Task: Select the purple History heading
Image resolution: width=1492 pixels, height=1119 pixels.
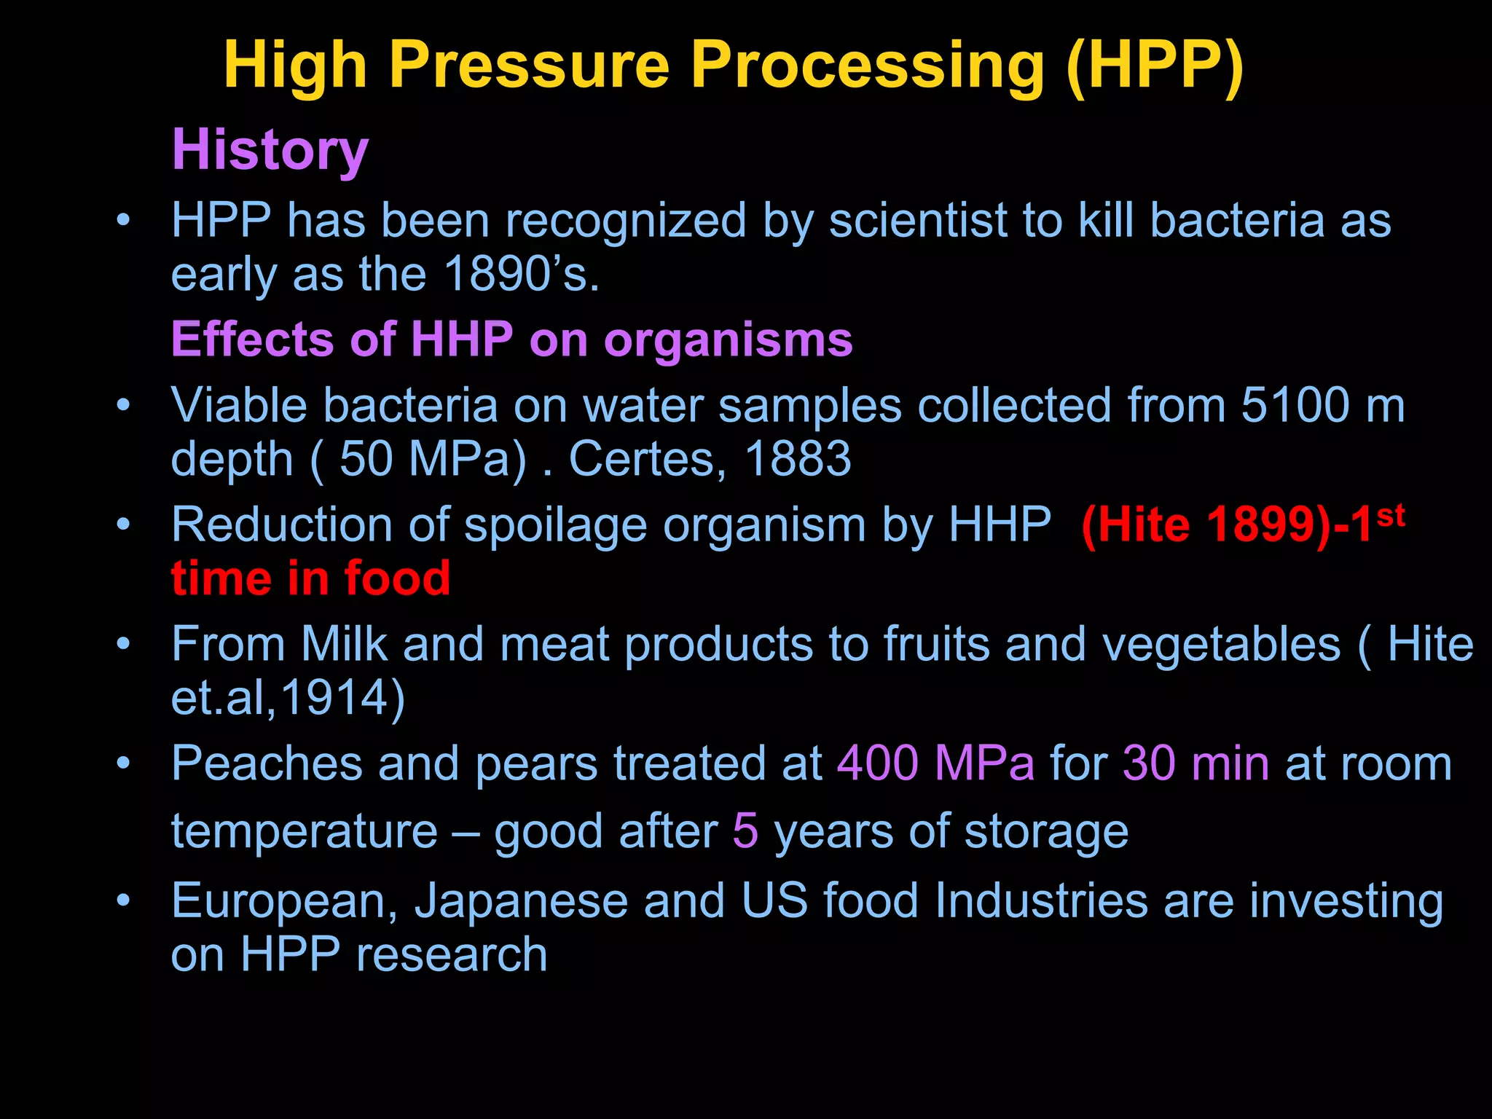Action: click(270, 150)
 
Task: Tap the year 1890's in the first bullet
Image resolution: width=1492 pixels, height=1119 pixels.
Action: click(522, 275)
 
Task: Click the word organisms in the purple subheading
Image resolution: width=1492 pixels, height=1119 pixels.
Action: click(728, 340)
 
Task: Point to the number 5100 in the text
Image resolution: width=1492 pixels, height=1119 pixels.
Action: click(1296, 405)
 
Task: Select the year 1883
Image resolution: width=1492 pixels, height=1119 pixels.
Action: click(798, 460)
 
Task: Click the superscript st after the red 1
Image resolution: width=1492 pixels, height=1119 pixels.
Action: click(1390, 515)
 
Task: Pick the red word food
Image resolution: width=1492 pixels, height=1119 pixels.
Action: click(397, 578)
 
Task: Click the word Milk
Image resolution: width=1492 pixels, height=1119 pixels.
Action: click(344, 645)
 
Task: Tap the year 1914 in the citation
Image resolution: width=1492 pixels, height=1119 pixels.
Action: click(334, 699)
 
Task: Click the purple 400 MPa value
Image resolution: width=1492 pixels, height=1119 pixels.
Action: click(935, 764)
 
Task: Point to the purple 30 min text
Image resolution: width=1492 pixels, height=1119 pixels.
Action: click(1195, 764)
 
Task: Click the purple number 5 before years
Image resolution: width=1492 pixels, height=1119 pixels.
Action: click(745, 831)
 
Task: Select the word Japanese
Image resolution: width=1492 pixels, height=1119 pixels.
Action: click(522, 901)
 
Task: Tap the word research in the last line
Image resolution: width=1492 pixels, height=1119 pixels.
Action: click(452, 955)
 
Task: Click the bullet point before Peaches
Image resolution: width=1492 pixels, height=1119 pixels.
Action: click(124, 763)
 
